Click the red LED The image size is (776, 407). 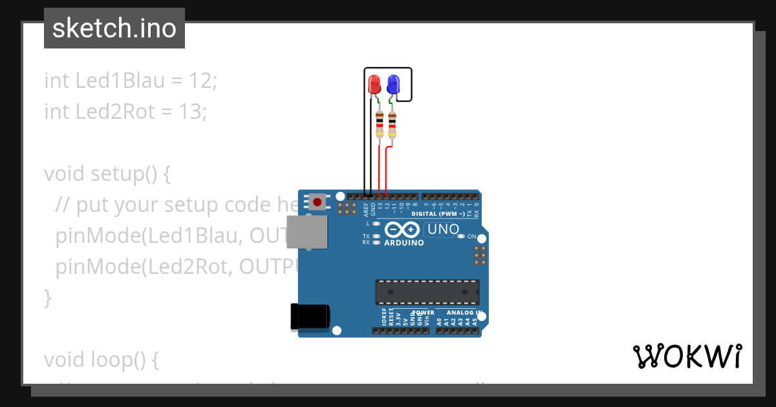tap(374, 85)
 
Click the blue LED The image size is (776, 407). tap(393, 85)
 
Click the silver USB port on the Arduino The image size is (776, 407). tap(308, 233)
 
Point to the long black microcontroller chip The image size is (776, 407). tap(427, 291)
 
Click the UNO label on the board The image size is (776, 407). tap(443, 229)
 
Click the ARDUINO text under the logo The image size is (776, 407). tap(404, 243)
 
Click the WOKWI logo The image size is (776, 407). tap(687, 357)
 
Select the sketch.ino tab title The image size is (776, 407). tap(114, 28)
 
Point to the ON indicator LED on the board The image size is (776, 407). tap(460, 236)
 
